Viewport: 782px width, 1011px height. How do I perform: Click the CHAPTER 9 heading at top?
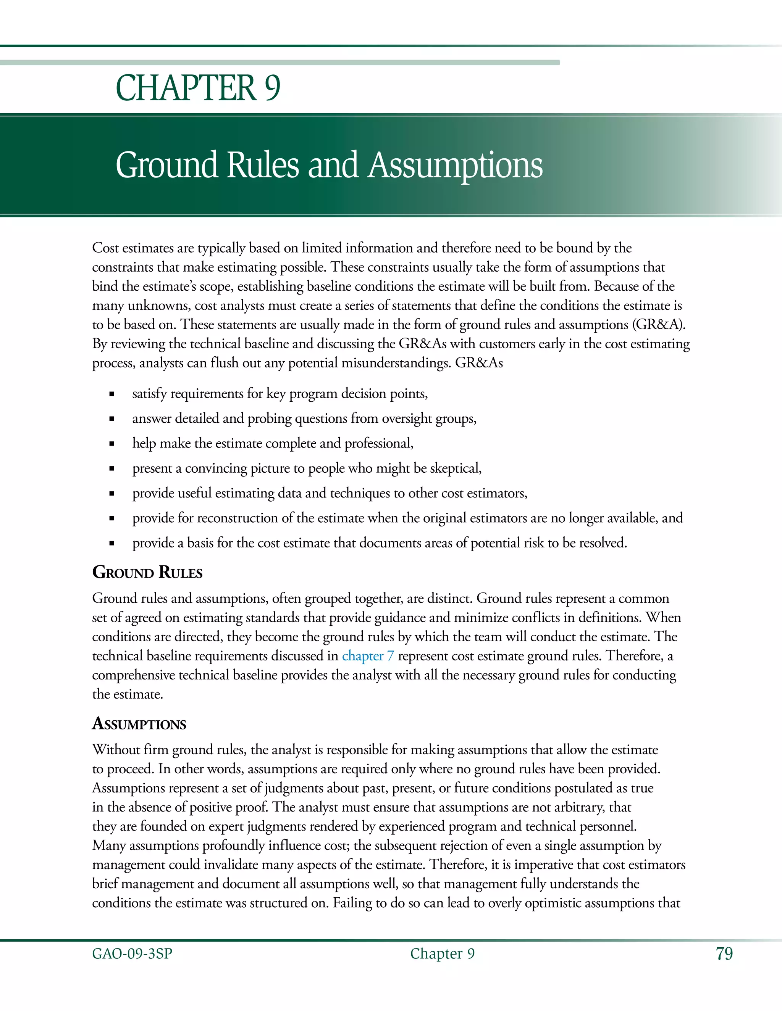pyautogui.click(x=198, y=88)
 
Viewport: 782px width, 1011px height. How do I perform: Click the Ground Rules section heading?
pyautogui.click(x=147, y=573)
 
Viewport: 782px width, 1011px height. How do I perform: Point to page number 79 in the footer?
pyautogui.click(x=724, y=954)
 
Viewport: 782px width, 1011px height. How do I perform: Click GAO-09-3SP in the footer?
pyautogui.click(x=132, y=954)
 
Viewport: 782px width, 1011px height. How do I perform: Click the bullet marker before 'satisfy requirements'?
pyautogui.click(x=111, y=394)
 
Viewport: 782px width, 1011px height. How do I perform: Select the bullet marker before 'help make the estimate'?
pyautogui.click(x=111, y=444)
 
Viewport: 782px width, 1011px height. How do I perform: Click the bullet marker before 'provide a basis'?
pyautogui.click(x=111, y=544)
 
